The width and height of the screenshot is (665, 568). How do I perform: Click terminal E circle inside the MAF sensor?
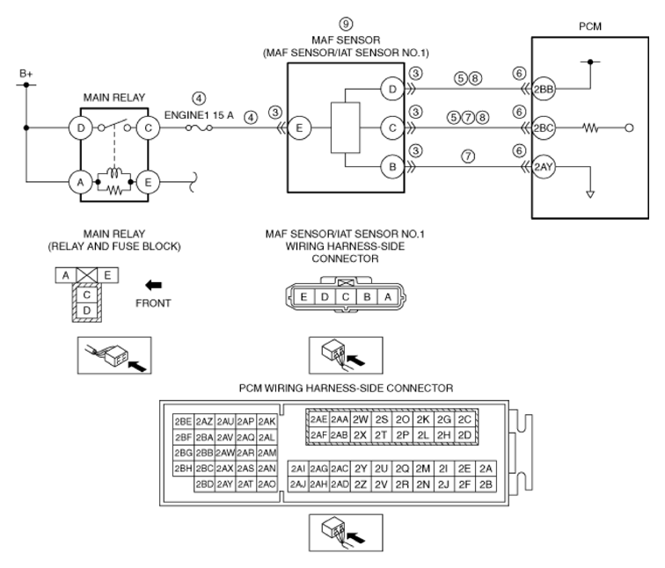[299, 127]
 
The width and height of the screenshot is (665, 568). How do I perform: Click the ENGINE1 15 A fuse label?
[200, 113]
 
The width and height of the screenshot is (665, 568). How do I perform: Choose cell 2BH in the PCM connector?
[183, 468]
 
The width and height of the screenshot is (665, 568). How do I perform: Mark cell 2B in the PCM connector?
[486, 484]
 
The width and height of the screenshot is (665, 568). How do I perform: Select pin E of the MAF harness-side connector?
[303, 297]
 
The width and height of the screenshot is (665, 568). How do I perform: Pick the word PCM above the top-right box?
[588, 26]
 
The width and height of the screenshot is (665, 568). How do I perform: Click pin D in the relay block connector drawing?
[88, 309]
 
